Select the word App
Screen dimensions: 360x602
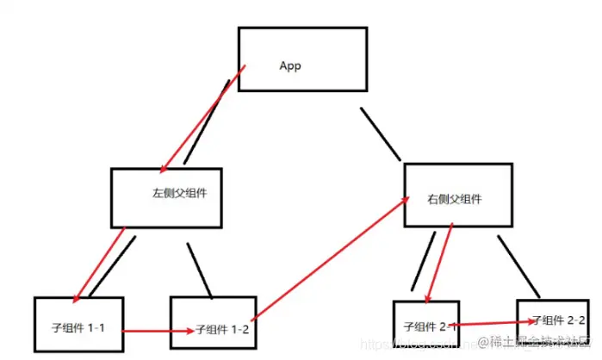(x=290, y=66)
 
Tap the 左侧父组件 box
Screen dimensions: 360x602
(x=167, y=196)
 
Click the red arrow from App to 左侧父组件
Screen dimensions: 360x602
(x=203, y=115)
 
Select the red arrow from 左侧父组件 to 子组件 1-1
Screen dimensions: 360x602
(x=100, y=264)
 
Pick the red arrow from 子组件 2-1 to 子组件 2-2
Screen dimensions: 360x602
(x=487, y=323)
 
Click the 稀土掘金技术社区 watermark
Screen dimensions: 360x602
(x=538, y=343)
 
